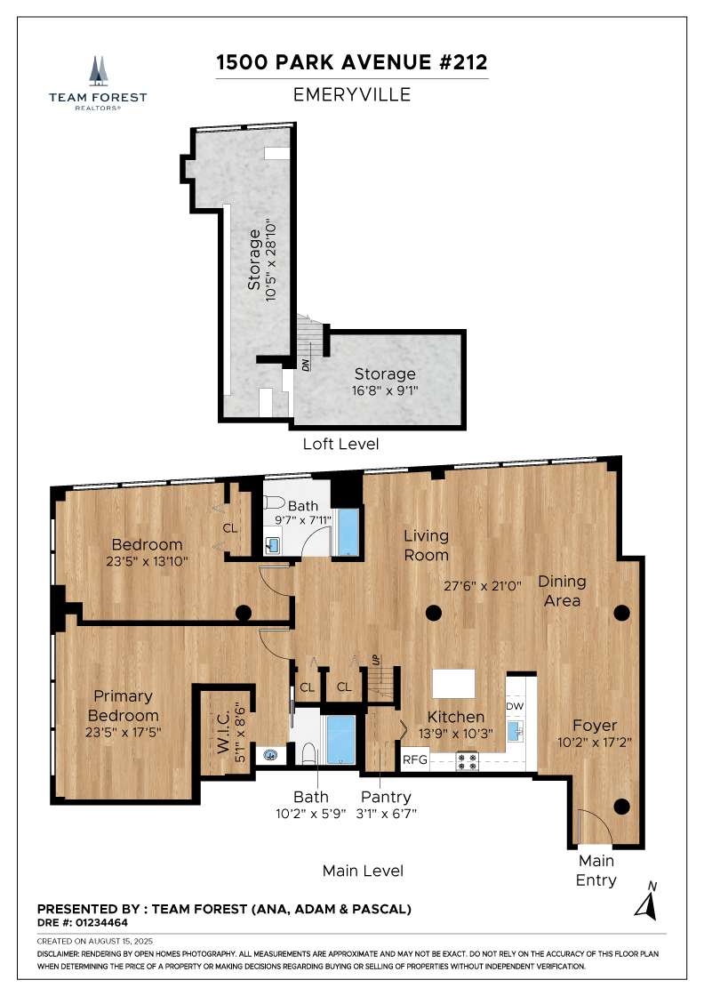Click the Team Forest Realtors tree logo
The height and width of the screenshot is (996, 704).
98,69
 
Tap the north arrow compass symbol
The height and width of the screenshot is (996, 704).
645,903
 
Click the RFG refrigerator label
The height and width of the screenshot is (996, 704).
415,760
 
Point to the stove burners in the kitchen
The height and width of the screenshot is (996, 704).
468,761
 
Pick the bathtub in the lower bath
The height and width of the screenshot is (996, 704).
340,739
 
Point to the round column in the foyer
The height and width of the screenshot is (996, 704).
621,807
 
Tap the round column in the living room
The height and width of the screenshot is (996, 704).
433,612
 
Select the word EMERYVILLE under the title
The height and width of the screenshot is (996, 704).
352,94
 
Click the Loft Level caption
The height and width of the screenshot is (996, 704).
342,444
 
